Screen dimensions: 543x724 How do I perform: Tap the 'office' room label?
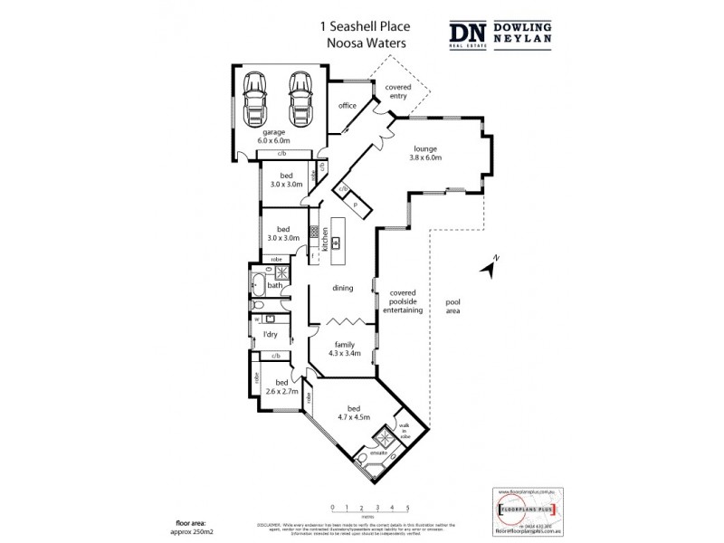348,106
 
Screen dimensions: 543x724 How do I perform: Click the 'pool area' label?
453,307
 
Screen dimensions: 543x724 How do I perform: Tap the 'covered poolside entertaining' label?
406,301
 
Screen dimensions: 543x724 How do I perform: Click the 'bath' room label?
273,285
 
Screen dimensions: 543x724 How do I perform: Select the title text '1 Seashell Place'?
361,27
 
